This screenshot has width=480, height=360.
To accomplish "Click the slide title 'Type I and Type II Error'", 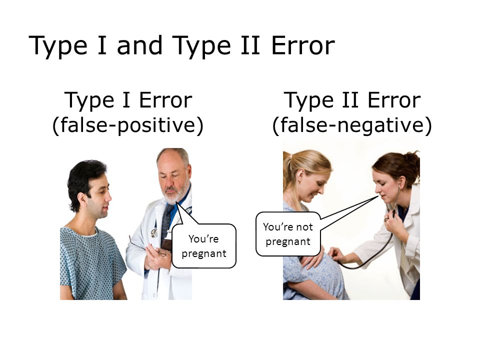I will (181, 46).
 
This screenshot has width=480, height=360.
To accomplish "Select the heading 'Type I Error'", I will (128, 100).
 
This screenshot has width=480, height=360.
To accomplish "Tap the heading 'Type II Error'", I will (351, 100).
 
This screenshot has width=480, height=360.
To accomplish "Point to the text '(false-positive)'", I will (128, 125).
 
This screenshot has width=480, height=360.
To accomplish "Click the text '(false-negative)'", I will (351, 125).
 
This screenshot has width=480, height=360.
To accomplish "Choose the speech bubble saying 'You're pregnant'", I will (203, 245).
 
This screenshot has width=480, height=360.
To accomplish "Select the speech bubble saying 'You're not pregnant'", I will (287, 234).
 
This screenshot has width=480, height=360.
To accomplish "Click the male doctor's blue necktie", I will (167, 220).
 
